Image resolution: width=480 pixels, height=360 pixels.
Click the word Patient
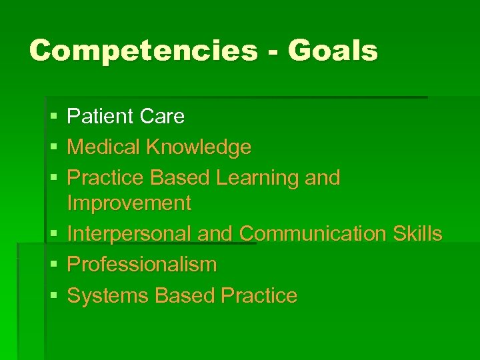(x=100, y=117)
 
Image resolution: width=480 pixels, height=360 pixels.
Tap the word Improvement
(x=129, y=203)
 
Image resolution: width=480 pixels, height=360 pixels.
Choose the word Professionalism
(x=142, y=265)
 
